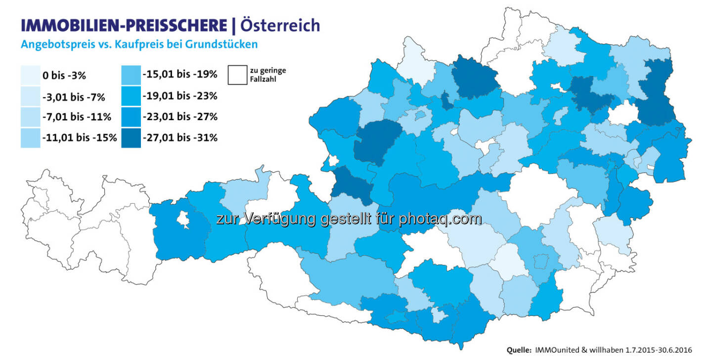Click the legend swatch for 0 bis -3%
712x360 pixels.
tap(30, 75)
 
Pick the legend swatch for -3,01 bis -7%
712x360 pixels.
tap(30, 96)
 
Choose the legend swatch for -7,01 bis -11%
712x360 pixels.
tap(30, 117)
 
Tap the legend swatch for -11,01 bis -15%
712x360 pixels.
tap(30, 138)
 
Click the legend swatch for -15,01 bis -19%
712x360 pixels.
tap(130, 75)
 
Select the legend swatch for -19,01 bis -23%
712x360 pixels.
tap(130, 96)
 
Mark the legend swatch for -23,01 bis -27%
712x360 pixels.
tap(130, 117)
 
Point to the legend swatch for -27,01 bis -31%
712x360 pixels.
tap(130, 138)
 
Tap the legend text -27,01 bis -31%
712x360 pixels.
tap(180, 138)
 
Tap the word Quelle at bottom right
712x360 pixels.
tap(519, 350)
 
